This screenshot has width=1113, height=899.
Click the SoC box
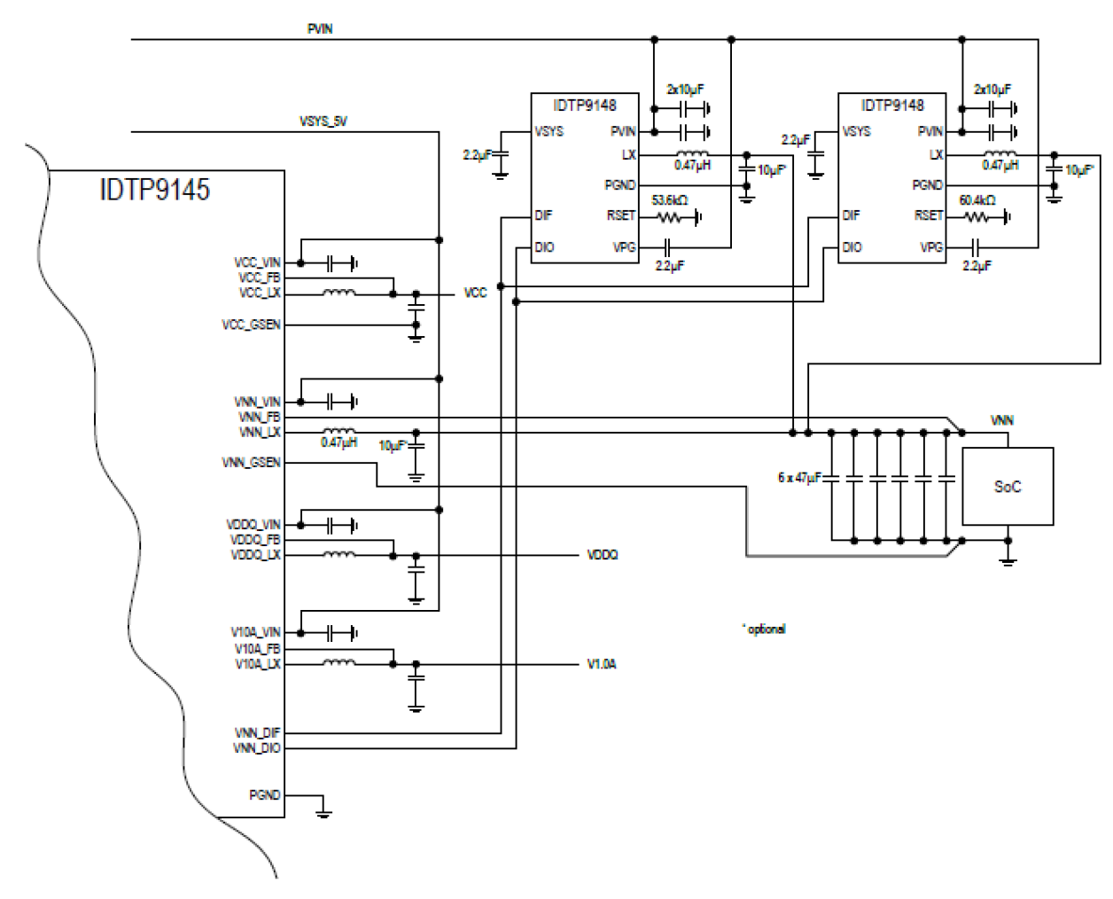click(1008, 487)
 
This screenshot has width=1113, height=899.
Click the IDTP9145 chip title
click(155, 190)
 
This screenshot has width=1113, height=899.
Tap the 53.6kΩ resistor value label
click(669, 200)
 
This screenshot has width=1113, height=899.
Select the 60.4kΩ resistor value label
click(977, 200)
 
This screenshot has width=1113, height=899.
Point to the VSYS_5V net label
click(323, 121)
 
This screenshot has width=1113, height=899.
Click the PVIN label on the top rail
click(320, 29)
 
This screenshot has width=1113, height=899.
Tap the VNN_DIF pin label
click(257, 732)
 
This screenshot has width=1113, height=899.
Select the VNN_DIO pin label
click(257, 748)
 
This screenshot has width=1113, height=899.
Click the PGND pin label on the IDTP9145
click(264, 795)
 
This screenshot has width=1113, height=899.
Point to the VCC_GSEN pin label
click(251, 325)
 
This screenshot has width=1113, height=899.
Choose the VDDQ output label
click(603, 555)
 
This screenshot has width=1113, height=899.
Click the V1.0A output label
click(602, 664)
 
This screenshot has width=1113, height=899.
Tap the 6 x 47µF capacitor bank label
click(799, 478)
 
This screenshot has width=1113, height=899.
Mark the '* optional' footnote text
click(764, 629)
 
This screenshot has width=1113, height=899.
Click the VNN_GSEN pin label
click(251, 463)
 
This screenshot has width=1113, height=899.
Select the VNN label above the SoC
click(1001, 420)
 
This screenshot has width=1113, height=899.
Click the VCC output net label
click(476, 293)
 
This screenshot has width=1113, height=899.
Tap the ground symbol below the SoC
click(1008, 558)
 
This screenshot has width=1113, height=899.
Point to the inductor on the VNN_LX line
click(339, 432)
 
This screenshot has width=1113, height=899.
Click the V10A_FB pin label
click(257, 649)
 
